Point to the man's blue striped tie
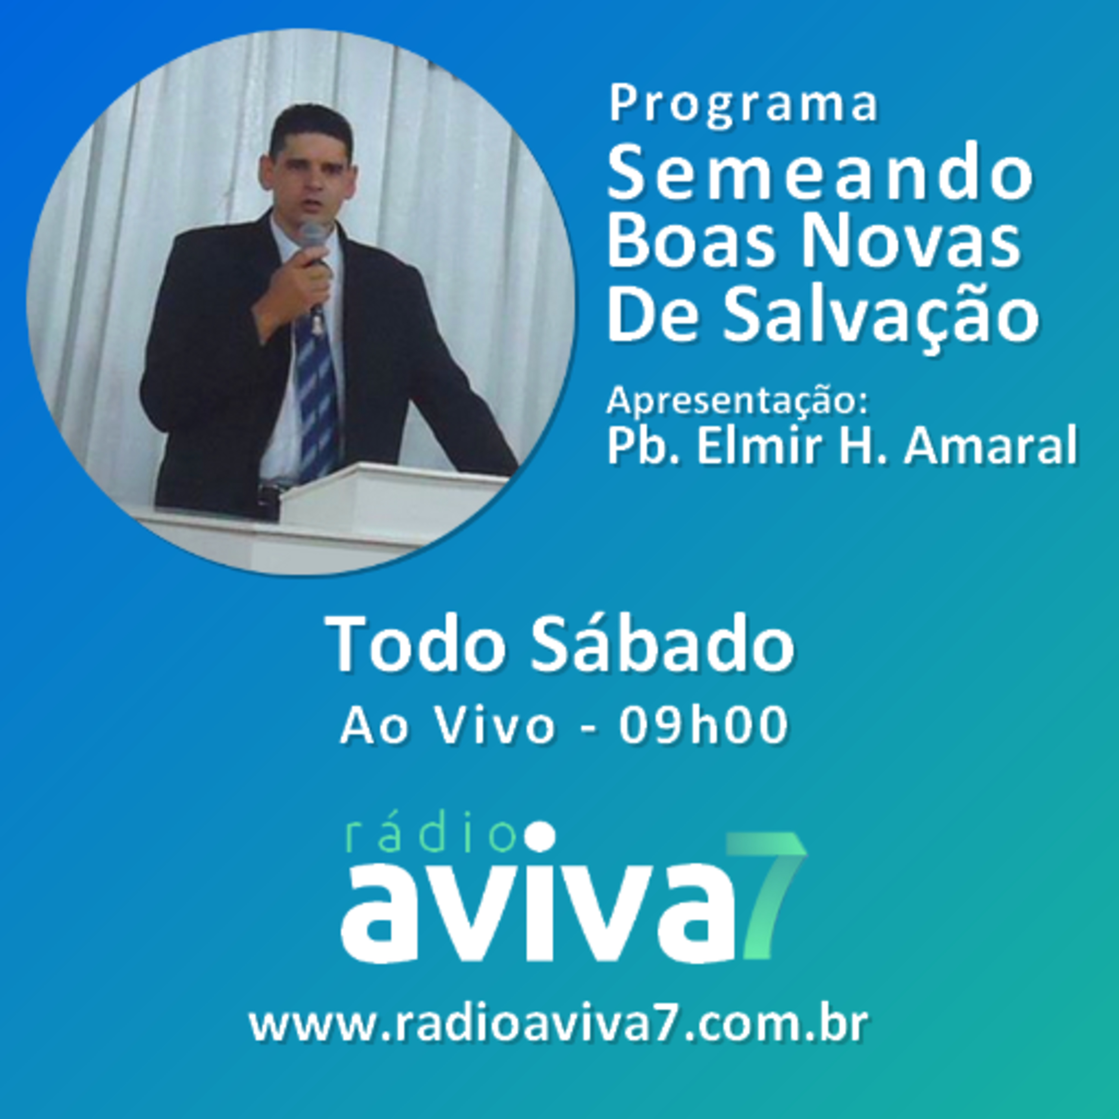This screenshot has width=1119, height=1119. coord(317,399)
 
